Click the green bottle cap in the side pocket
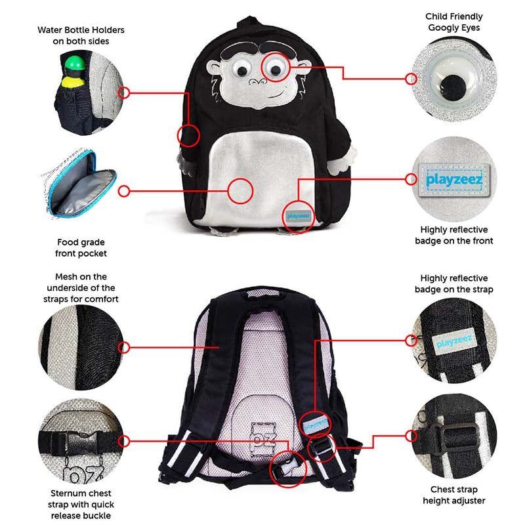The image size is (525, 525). pyautogui.click(x=74, y=63)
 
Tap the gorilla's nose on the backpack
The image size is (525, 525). pyautogui.click(x=257, y=81)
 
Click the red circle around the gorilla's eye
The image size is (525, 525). pyautogui.click(x=275, y=67)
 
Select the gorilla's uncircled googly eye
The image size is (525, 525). pyautogui.click(x=241, y=69)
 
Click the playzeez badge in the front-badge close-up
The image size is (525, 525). pyautogui.click(x=454, y=180)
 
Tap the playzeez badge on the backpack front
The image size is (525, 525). pyautogui.click(x=298, y=216)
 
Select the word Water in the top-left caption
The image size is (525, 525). pyautogui.click(x=49, y=30)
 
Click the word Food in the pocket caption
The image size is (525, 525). pyautogui.click(x=68, y=242)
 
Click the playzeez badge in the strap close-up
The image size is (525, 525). pyautogui.click(x=454, y=342)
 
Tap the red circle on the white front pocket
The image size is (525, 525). pyautogui.click(x=240, y=191)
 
